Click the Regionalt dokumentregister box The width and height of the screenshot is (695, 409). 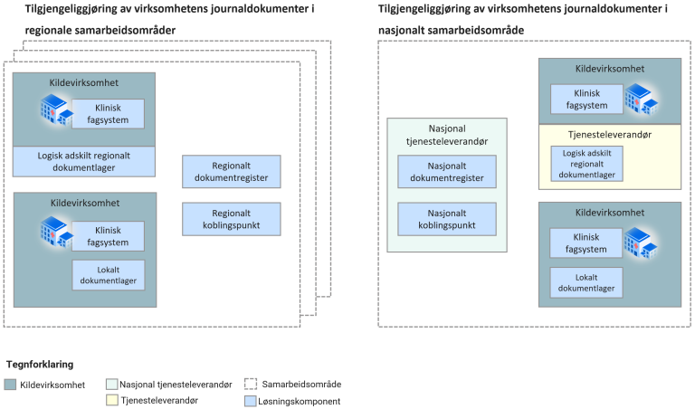point(231,171)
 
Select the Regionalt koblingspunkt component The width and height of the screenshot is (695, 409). point(231,217)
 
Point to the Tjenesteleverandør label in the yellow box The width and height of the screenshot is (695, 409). point(610,135)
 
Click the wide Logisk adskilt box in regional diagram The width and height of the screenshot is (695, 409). point(84,161)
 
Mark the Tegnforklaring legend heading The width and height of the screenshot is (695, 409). point(40,364)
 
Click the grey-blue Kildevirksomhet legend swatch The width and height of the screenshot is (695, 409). point(11,385)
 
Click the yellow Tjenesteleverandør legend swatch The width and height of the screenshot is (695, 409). point(112,400)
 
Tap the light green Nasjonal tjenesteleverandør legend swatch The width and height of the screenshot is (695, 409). point(112,385)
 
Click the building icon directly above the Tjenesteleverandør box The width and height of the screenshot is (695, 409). point(640,98)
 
